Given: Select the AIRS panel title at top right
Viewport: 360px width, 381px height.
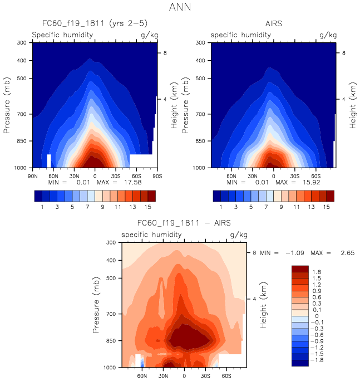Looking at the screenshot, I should coord(274,24).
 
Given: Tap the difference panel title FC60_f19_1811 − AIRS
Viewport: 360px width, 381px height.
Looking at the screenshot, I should coord(184,224).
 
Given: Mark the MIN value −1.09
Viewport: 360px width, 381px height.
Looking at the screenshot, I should coord(295,253).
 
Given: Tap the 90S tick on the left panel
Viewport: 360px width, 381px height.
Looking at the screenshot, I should coord(157,175).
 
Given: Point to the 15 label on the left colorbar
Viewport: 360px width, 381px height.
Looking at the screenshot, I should coord(144,207).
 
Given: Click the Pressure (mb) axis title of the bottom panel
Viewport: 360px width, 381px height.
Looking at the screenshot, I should coord(97,305).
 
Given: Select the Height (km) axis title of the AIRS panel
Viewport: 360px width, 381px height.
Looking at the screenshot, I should coord(353,105).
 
